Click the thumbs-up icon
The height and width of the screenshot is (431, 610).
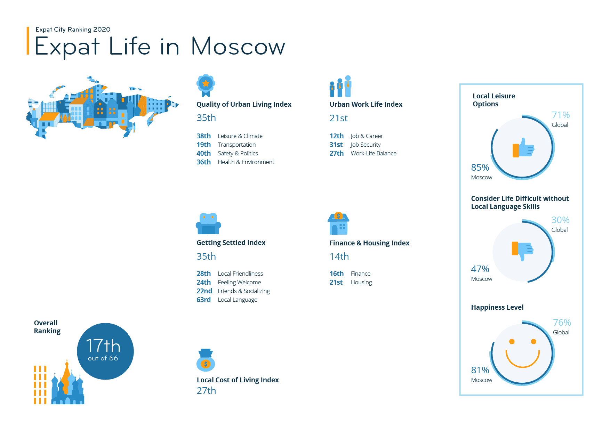point(523,148)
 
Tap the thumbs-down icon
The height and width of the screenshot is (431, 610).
point(522,250)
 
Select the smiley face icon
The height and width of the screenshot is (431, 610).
point(522,353)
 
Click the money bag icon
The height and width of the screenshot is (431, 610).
point(206,360)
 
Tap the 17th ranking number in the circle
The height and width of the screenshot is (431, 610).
point(103,346)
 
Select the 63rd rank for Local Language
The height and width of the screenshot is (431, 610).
point(203,300)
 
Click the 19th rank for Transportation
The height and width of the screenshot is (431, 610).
point(203,145)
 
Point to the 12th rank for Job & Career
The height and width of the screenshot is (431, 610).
point(336,136)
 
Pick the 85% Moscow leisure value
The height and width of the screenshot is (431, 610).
point(480,168)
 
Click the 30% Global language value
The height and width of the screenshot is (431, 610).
point(560,220)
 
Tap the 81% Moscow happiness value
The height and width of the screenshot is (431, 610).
point(480,370)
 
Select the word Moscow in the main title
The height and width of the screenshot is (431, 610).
point(238,47)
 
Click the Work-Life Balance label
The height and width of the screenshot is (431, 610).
point(373,153)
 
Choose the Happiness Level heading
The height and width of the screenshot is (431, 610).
point(497,307)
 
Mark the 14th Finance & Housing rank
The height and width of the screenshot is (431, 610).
point(339,257)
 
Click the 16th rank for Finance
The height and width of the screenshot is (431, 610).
point(336,274)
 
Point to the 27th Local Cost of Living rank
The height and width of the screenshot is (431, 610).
point(206,391)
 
